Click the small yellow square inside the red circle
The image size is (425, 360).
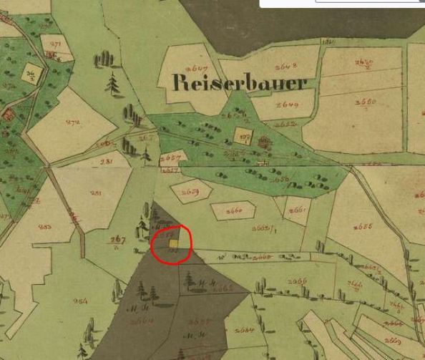click(174, 244)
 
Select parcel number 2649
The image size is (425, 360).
click(275, 104)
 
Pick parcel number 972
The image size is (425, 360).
click(72, 122)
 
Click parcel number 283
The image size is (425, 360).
click(47, 227)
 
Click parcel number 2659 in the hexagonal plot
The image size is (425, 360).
click(191, 191)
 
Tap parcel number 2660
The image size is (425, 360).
click(234, 210)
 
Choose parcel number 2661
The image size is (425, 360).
click(298, 210)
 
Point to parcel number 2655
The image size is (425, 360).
click(366, 228)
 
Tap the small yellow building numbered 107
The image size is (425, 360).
click(243, 137)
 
